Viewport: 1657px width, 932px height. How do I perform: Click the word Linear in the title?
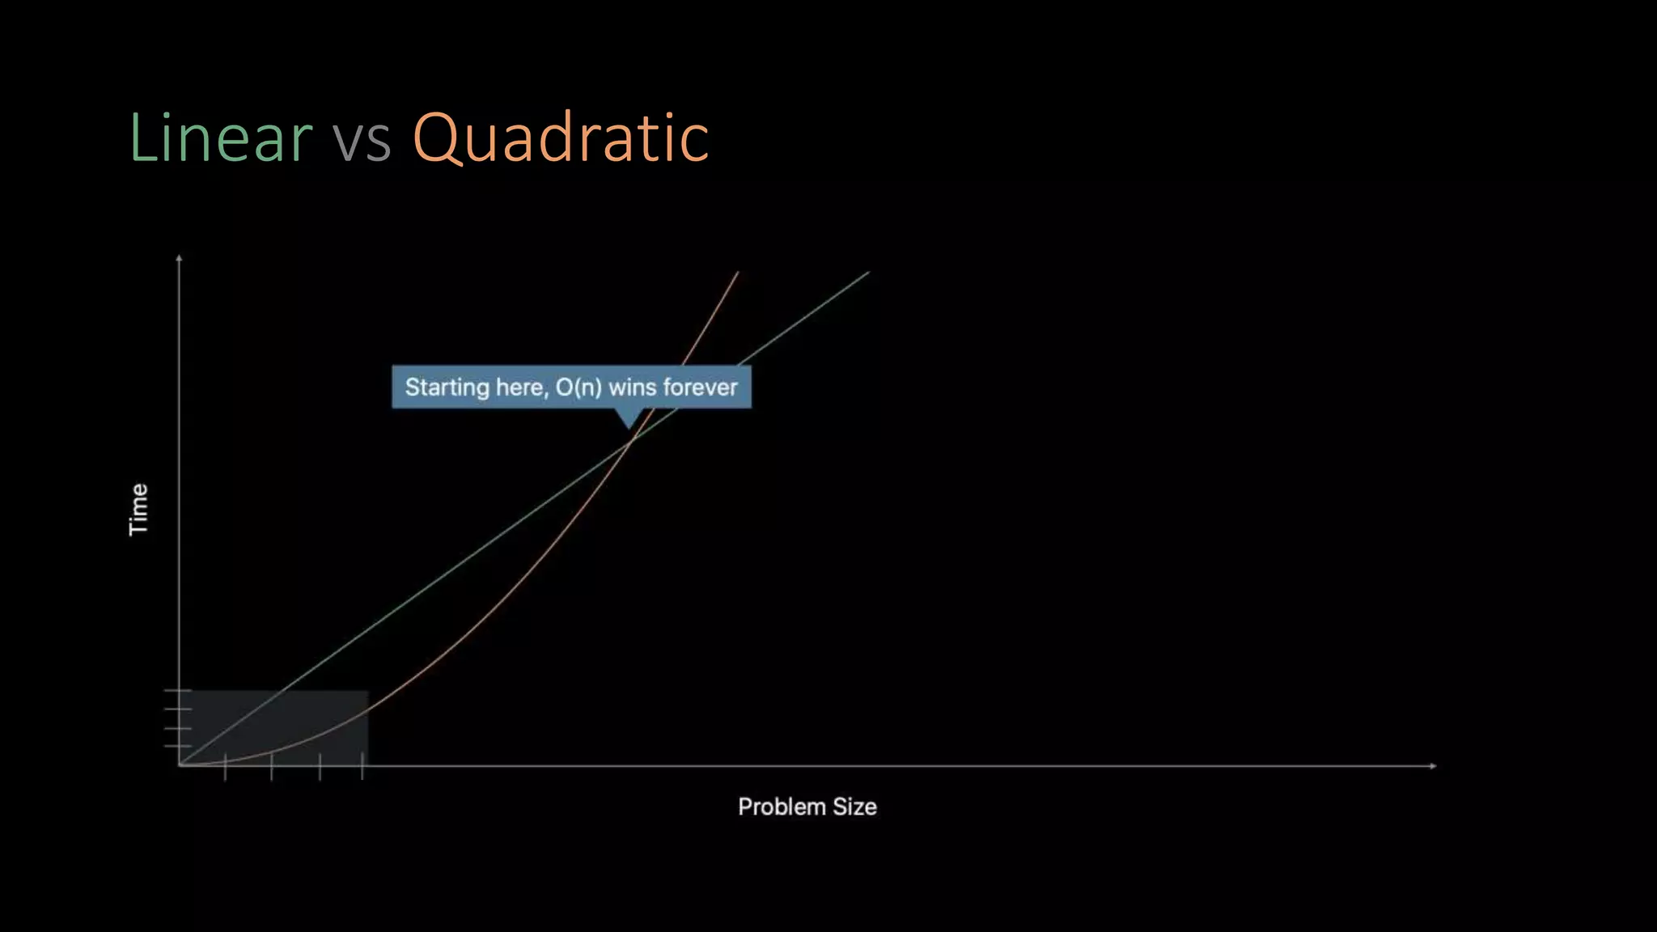click(220, 138)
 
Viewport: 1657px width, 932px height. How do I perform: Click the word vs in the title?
click(362, 139)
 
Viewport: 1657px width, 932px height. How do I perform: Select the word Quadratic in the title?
click(561, 139)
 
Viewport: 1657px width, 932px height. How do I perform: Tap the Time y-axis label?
click(139, 509)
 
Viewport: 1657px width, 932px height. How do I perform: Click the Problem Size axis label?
click(807, 807)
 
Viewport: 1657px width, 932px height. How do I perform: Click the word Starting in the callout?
click(447, 388)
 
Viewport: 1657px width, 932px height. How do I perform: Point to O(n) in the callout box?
click(578, 388)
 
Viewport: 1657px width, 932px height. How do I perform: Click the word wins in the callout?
click(632, 388)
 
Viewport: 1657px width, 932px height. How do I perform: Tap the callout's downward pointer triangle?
click(629, 418)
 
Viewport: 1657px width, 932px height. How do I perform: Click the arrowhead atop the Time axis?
click(179, 258)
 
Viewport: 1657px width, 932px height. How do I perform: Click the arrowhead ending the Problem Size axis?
click(1433, 765)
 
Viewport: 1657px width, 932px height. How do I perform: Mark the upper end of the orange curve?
click(738, 273)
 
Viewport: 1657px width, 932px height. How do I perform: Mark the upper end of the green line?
click(868, 273)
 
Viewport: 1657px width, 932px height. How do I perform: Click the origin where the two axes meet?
click(179, 765)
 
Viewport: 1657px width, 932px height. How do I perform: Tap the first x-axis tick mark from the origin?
click(225, 766)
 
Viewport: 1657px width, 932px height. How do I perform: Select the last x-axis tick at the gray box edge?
click(362, 765)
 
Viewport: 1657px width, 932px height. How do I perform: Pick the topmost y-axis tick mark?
click(178, 691)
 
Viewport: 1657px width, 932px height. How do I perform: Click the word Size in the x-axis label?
click(854, 807)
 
